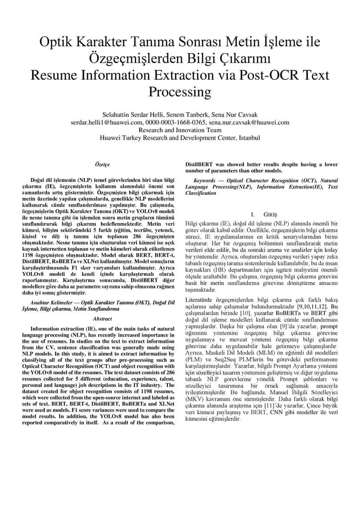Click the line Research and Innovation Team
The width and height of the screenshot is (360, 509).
[x=180, y=130]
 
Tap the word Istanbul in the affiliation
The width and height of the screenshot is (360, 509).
[x=248, y=137]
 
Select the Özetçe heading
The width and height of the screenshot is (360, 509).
[x=102, y=165]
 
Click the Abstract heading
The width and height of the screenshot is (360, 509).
[x=102, y=319]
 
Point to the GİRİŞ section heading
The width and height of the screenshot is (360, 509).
[x=270, y=214]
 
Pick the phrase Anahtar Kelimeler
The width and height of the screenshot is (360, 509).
[x=53, y=302]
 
